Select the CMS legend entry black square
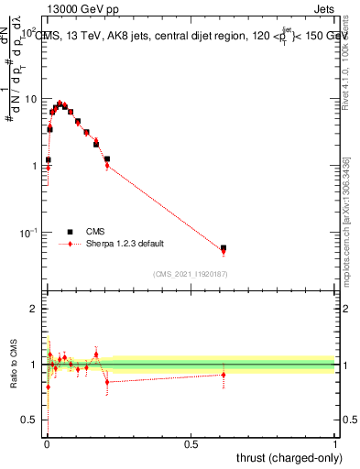click(x=70, y=232)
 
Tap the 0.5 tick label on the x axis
click(x=191, y=444)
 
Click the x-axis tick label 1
click(x=335, y=444)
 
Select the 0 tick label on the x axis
click(x=47, y=444)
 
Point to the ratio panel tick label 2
click(x=35, y=310)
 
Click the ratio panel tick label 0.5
click(x=30, y=420)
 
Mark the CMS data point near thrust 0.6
click(x=224, y=248)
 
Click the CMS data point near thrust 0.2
click(x=107, y=159)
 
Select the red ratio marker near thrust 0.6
click(x=224, y=374)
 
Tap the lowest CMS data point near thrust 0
click(x=48, y=160)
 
